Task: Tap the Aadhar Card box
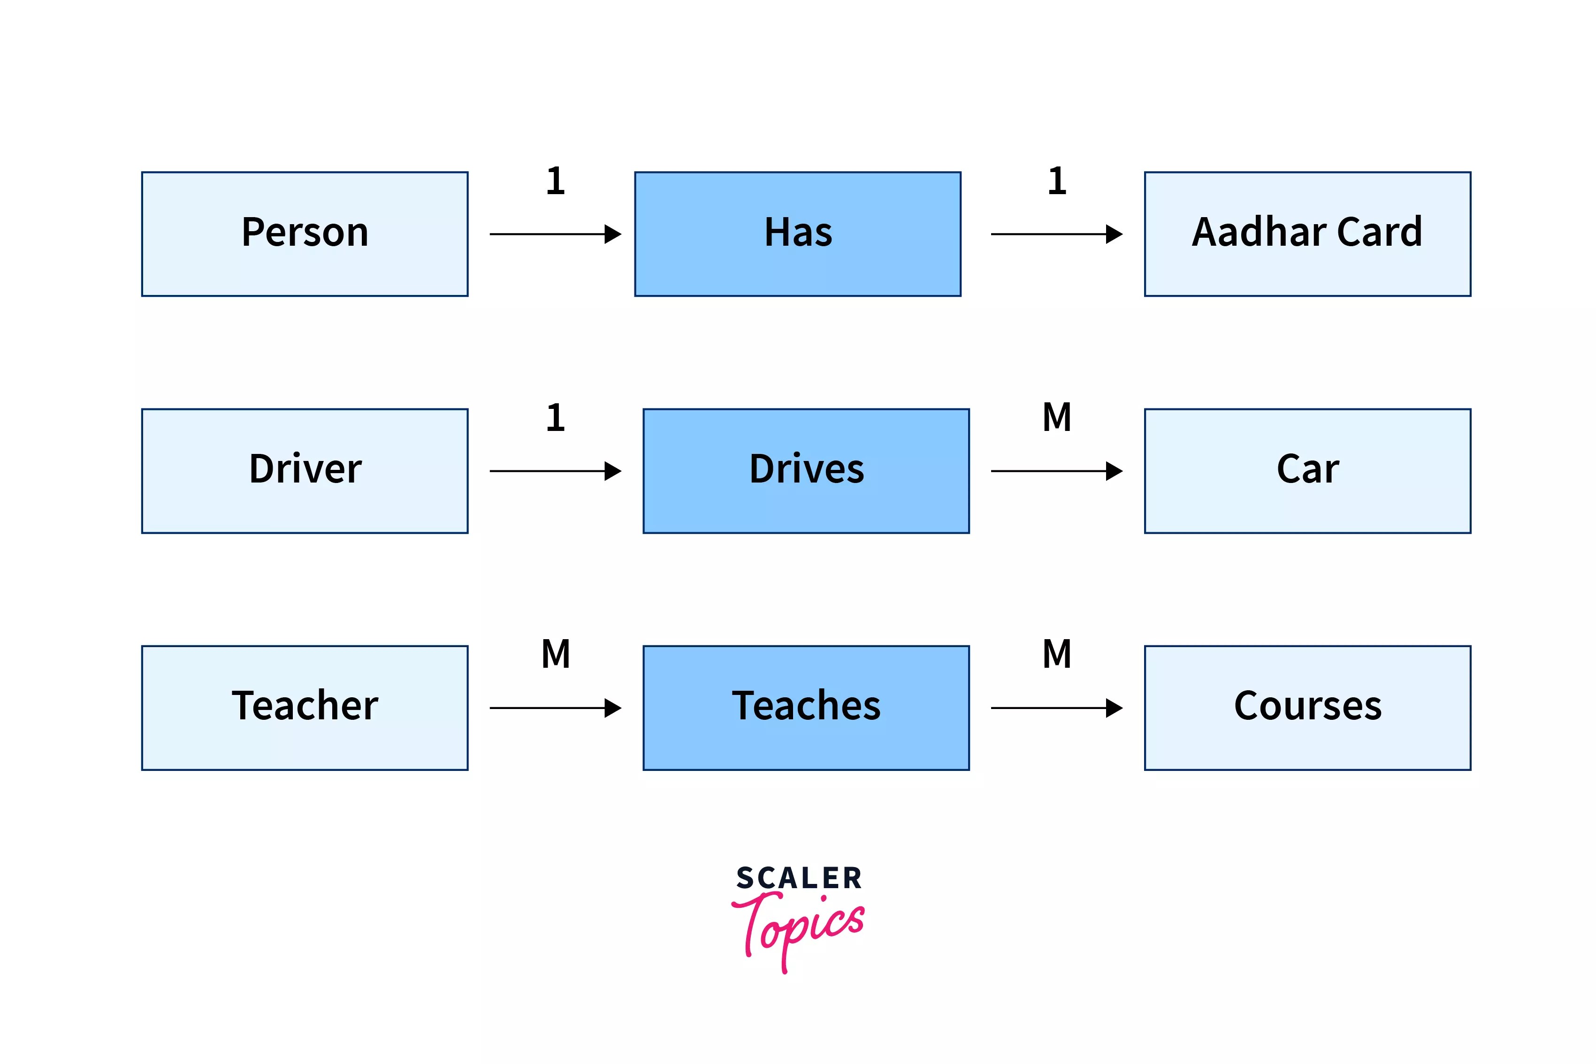tap(1307, 234)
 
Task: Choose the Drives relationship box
tap(806, 470)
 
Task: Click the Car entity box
tap(1307, 470)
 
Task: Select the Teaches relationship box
tap(806, 707)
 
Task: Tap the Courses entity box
tap(1307, 707)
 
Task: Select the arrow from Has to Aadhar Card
tap(1055, 234)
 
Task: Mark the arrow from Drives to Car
tap(1055, 471)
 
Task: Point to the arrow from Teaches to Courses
tap(1055, 708)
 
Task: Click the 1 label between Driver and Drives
tap(555, 417)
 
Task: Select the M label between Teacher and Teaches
tap(555, 654)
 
